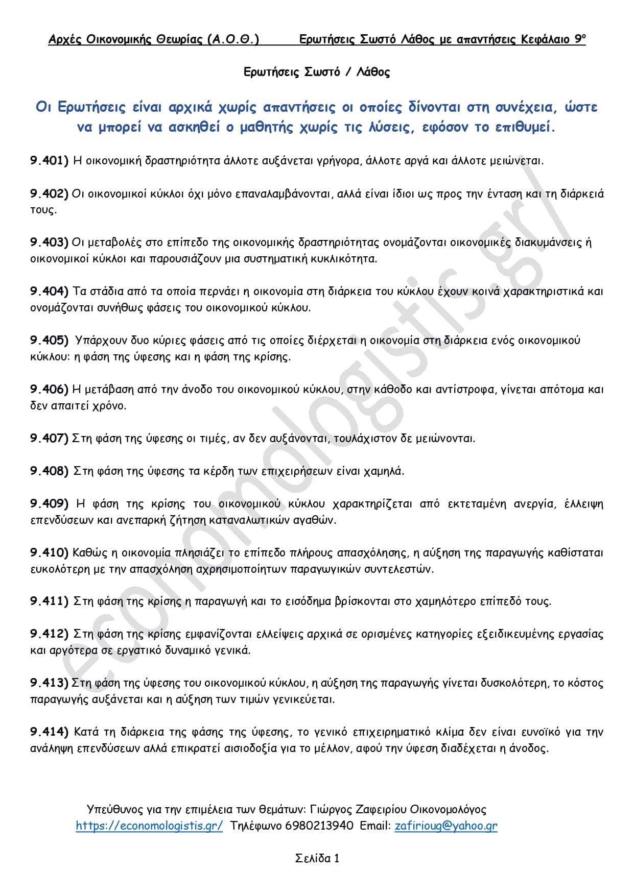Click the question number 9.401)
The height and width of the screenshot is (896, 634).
click(49, 161)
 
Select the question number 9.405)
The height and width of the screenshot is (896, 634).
click(49, 341)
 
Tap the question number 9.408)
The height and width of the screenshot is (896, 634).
click(49, 471)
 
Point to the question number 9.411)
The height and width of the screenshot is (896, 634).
click(49, 601)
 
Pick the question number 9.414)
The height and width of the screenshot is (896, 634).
click(49, 732)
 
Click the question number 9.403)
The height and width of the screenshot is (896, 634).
click(49, 243)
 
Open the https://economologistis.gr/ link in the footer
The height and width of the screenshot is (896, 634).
click(149, 826)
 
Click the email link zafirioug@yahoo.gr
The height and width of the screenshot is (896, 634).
click(445, 826)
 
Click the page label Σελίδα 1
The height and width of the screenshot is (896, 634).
click(317, 859)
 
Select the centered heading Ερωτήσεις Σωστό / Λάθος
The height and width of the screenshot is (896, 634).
click(317, 72)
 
